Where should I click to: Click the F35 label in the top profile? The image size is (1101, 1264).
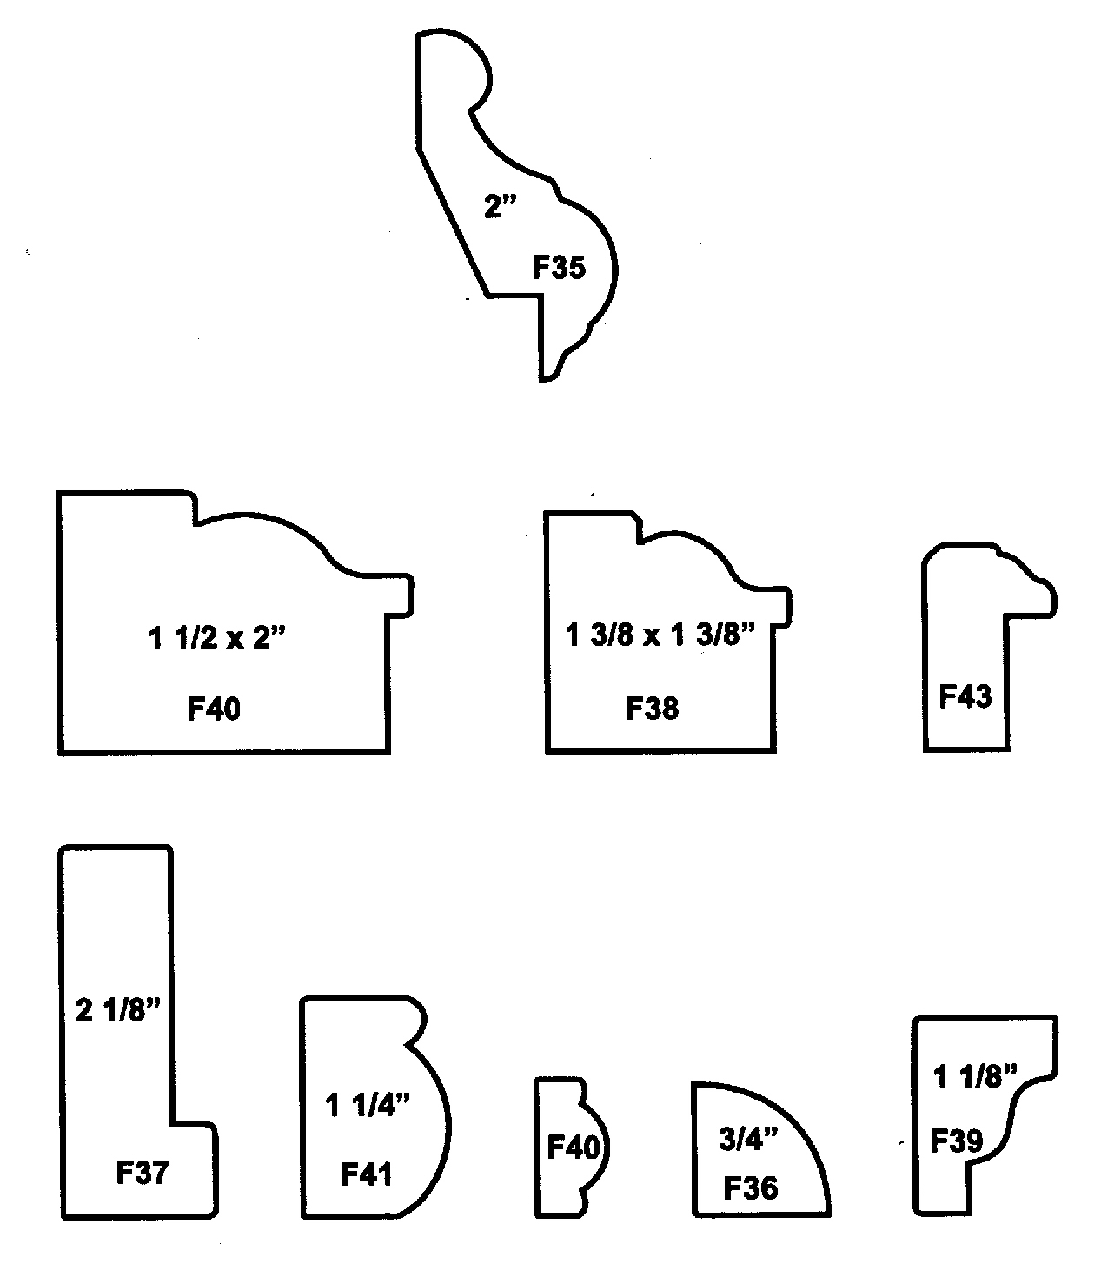click(559, 268)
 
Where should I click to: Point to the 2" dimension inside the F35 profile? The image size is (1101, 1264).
click(500, 207)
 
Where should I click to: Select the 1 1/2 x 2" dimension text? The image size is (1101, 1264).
click(216, 639)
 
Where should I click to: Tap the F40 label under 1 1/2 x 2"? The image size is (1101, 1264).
click(214, 709)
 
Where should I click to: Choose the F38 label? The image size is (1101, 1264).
click(652, 709)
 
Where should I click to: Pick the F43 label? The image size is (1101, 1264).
click(965, 696)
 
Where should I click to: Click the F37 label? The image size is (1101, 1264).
click(142, 1173)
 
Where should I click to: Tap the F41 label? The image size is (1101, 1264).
click(366, 1174)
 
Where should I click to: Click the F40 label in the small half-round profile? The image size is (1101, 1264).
click(573, 1148)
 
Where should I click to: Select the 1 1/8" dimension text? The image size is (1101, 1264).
click(974, 1077)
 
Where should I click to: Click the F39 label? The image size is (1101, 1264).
click(956, 1140)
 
